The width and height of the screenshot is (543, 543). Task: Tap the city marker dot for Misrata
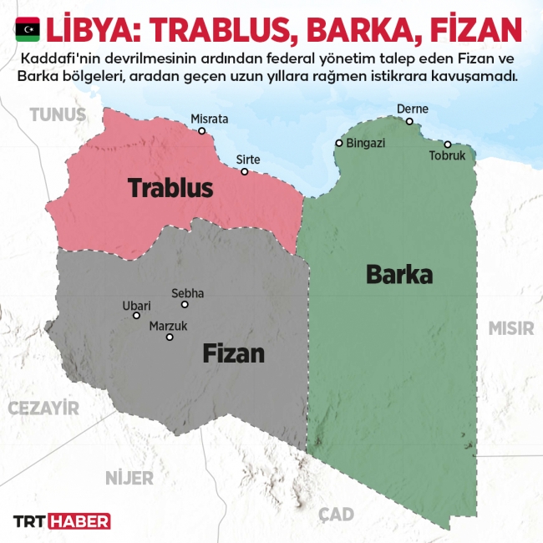[x=201, y=131]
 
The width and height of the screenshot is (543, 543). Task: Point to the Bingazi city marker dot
[x=338, y=143]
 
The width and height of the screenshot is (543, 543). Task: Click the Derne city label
[x=412, y=109]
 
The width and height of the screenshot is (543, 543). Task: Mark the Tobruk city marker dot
[x=448, y=145]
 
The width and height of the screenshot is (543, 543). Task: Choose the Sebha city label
[x=187, y=293]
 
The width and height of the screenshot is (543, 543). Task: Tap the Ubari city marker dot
[x=137, y=316]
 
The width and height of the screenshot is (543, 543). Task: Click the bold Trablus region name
[x=170, y=188]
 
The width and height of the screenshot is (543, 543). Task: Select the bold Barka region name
[x=399, y=274]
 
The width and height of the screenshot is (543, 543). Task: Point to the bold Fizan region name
[x=233, y=353]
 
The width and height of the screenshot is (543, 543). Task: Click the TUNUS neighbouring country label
[x=58, y=114]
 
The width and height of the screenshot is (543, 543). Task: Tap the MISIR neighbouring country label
[x=510, y=327]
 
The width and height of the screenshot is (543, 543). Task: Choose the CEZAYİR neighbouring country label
[x=43, y=408]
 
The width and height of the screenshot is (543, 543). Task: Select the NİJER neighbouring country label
[x=129, y=478]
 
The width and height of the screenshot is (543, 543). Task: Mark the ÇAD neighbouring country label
[x=336, y=514]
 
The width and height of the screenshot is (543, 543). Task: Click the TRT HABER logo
[x=61, y=521]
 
